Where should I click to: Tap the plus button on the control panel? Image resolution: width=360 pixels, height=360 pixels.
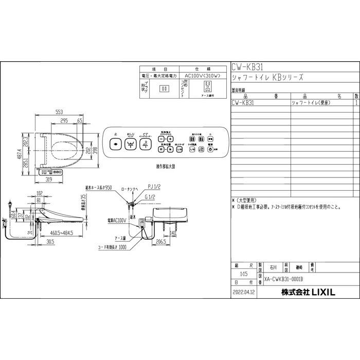click(170, 139)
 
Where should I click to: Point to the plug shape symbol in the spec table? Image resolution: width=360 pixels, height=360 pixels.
click(165, 88)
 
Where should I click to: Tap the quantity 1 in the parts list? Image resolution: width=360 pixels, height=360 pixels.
click(356, 103)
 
